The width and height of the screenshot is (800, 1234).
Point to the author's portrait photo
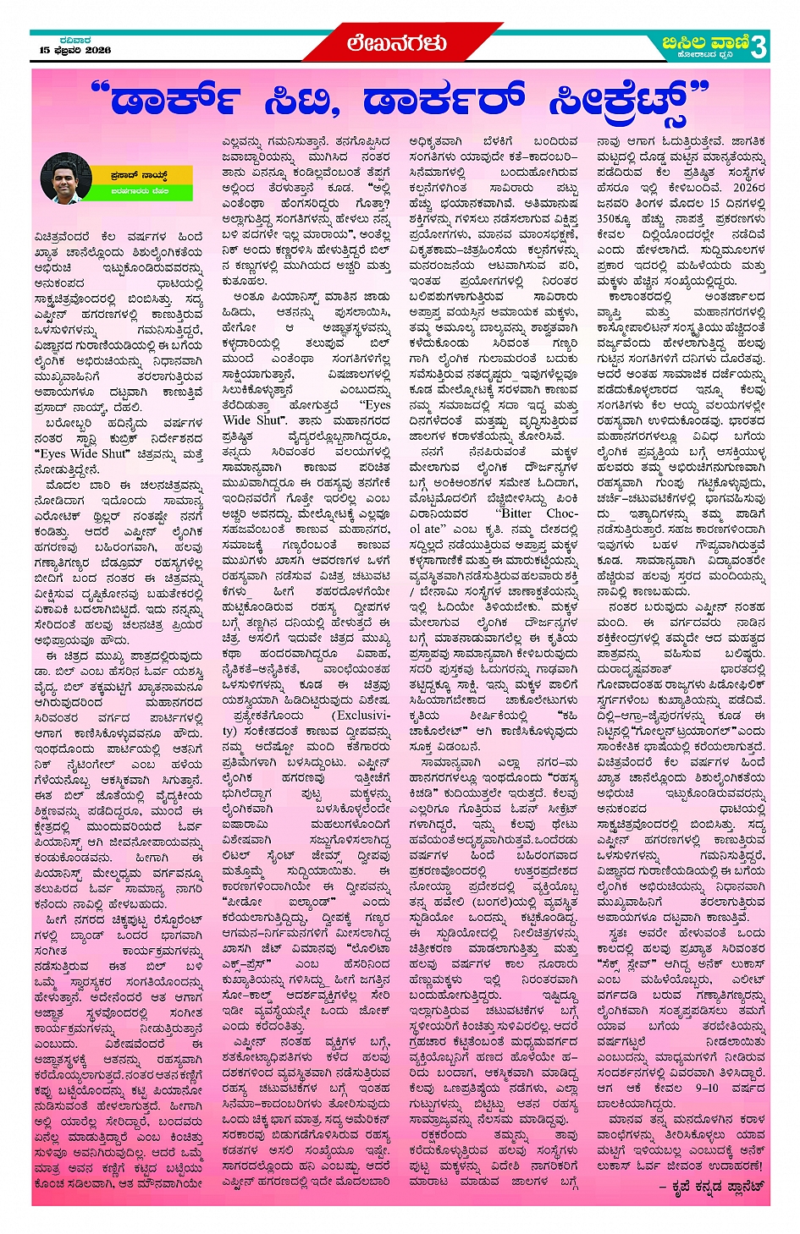66,178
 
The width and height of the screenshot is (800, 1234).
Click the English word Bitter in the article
516,513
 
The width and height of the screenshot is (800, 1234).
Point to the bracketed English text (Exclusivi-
359,716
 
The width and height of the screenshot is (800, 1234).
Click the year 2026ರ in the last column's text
748,188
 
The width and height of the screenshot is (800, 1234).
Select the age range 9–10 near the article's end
707,1088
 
